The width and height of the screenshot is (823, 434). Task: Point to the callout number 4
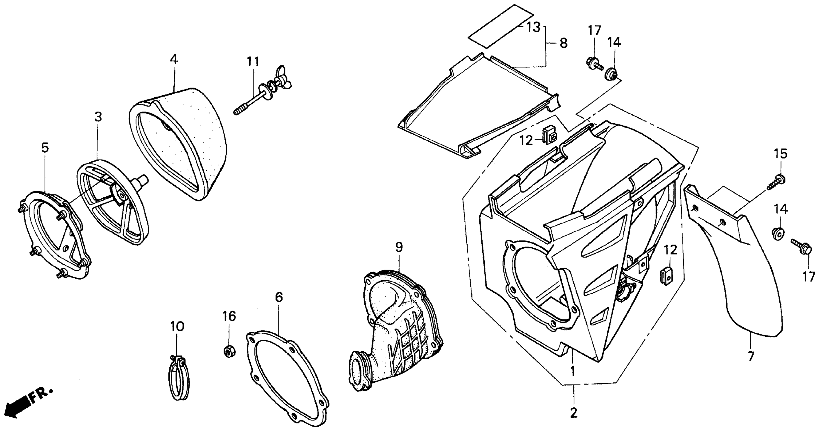coord(174,59)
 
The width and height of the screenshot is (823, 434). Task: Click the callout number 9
coord(399,247)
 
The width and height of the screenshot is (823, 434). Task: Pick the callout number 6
coord(279,297)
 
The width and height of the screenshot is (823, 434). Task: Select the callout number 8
coord(563,43)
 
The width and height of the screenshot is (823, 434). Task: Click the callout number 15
coord(780,154)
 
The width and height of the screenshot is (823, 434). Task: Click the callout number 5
coord(45,148)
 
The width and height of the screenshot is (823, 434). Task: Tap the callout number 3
coord(98,117)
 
